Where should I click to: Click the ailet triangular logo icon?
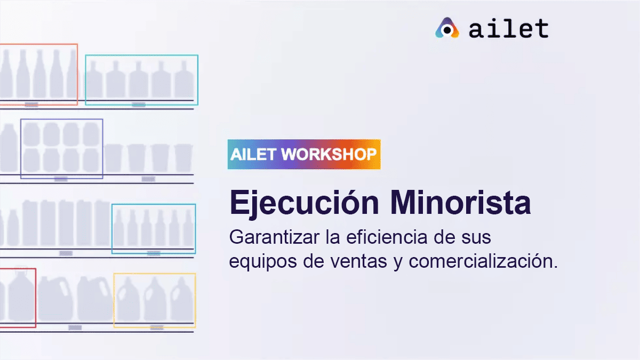coord(447,28)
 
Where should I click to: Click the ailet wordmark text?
coord(509,29)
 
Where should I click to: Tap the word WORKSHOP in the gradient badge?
coord(329,154)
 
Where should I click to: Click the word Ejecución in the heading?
coord(305,203)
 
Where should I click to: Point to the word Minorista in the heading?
coord(461,202)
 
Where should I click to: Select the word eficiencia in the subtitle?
coord(387,237)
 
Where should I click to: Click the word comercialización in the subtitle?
coord(483,261)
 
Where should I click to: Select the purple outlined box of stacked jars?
coord(21,149)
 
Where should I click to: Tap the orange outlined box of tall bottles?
coord(77,74)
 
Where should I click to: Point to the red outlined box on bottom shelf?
coord(36,298)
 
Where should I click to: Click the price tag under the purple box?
coord(61,179)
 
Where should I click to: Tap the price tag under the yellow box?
coord(157,327)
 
